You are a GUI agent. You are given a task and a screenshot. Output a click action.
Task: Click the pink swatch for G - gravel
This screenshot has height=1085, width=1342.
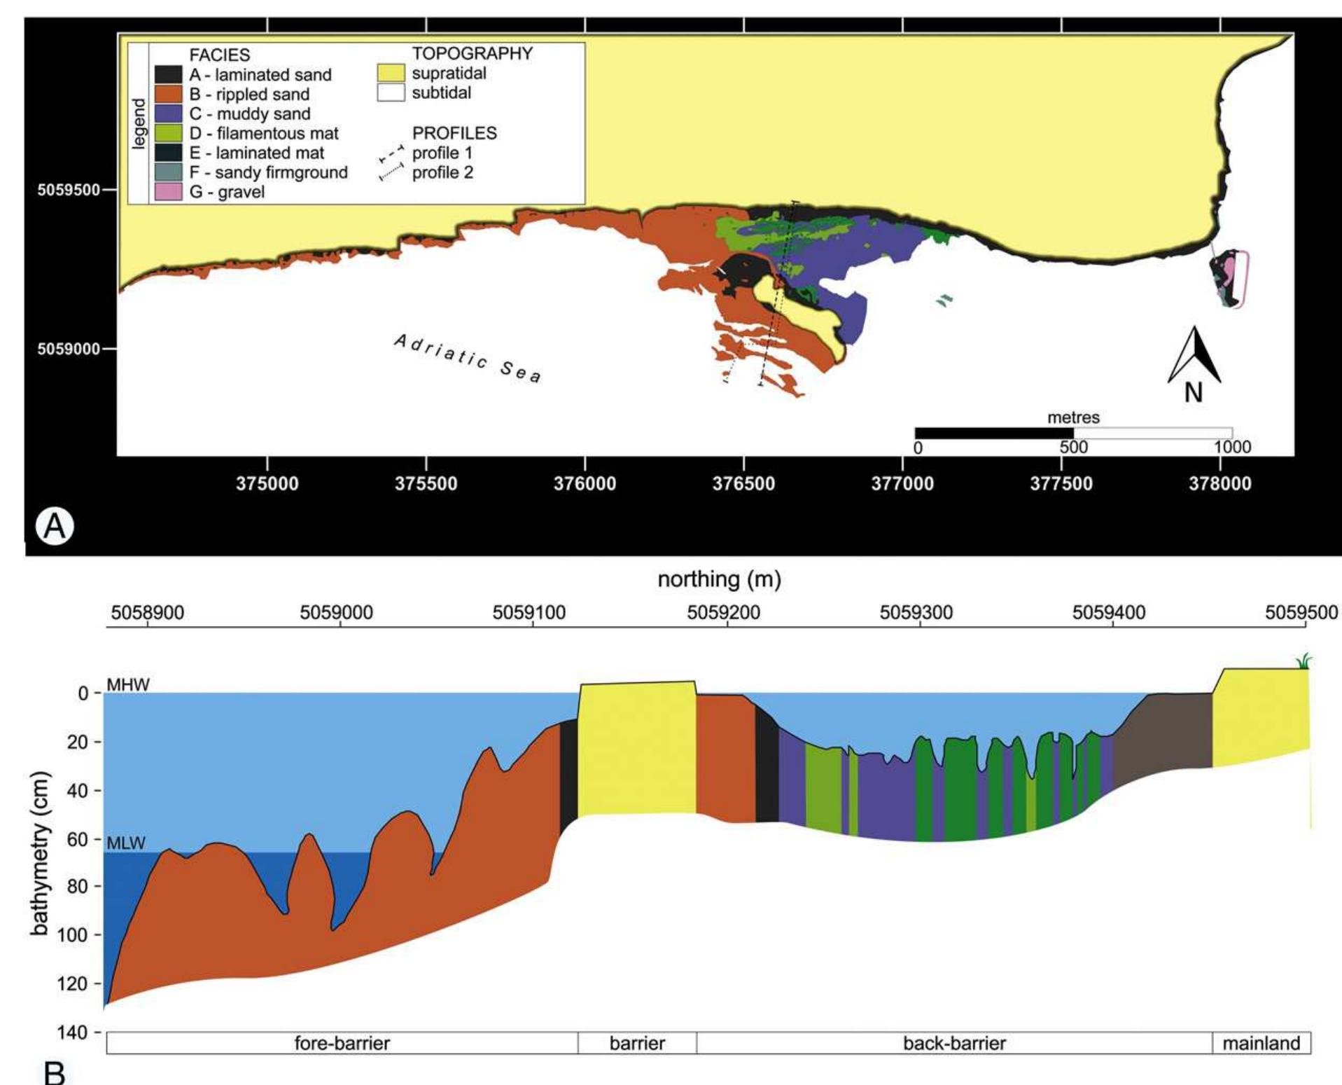pos(168,191)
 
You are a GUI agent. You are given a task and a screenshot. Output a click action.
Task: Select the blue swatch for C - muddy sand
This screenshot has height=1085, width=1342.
pos(168,113)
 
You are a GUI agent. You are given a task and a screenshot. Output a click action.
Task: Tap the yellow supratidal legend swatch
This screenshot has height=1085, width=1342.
pos(391,73)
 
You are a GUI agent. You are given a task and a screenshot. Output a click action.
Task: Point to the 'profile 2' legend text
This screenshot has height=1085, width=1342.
pos(442,172)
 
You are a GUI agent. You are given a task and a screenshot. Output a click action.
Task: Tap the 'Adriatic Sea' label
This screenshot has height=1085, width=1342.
pos(468,358)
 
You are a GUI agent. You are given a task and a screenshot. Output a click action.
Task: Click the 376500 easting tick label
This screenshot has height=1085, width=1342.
pos(743,483)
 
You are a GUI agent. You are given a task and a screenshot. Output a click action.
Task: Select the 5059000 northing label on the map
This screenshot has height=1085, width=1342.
pos(68,349)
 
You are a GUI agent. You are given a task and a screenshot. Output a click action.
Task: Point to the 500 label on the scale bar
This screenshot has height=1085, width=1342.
pos(1073,447)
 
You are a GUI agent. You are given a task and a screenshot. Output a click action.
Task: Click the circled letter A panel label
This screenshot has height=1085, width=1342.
pos(55,525)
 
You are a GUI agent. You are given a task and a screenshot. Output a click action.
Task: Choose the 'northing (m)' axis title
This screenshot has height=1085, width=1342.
pos(719,579)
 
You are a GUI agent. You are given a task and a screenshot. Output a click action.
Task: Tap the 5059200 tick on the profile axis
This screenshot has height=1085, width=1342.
pos(723,613)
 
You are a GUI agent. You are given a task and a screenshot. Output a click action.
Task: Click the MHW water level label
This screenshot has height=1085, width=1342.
pos(128,684)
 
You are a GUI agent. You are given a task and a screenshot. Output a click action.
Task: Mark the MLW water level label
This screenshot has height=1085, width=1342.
pos(126,843)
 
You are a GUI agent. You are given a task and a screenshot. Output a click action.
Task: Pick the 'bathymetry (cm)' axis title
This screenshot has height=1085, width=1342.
pos(40,853)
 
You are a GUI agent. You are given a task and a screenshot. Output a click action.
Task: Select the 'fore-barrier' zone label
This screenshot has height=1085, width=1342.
pos(342,1043)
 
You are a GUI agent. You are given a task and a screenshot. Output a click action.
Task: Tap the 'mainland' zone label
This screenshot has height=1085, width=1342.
pos(1261,1043)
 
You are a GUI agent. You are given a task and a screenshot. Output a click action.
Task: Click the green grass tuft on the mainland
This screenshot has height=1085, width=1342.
pos(1303,661)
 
